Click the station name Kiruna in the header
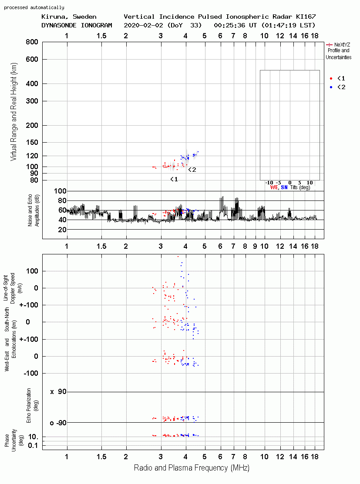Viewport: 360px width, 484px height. point(52,17)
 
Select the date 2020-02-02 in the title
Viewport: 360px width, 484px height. point(144,25)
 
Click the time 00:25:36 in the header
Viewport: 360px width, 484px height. point(229,25)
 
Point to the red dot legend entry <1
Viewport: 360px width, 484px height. point(337,78)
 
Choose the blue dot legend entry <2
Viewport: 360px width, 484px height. point(337,87)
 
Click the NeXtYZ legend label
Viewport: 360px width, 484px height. point(342,45)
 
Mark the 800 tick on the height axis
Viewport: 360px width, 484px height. point(32,42)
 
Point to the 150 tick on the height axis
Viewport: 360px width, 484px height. point(32,142)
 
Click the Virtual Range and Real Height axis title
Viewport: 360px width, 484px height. point(13,112)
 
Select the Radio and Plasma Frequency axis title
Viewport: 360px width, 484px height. point(192,468)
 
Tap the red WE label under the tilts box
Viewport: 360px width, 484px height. point(274,187)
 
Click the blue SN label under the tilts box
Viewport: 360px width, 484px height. point(284,187)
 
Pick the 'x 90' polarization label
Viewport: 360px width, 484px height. point(58,392)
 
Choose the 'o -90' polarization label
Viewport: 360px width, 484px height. point(58,423)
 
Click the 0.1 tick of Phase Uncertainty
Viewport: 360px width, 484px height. point(33,445)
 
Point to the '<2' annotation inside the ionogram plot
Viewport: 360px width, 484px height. point(192,170)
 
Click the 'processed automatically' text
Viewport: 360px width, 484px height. point(34,7)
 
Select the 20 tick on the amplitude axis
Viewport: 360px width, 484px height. point(62,230)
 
